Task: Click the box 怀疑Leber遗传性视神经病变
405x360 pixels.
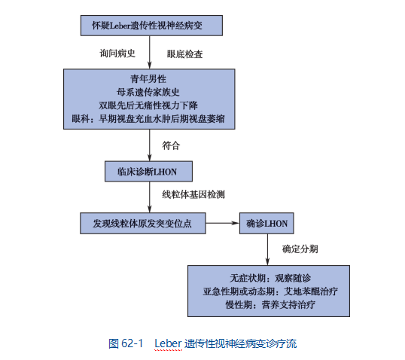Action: [151, 26]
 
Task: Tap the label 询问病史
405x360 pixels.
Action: [117, 53]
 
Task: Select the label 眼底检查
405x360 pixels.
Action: [184, 54]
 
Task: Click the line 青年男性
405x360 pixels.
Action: [148, 79]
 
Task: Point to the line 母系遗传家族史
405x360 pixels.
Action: [148, 92]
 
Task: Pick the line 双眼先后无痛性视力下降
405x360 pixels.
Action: [148, 105]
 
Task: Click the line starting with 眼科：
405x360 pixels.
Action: [148, 119]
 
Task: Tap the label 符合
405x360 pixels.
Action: [171, 145]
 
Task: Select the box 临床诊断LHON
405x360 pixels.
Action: [148, 172]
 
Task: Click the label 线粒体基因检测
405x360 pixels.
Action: [193, 194]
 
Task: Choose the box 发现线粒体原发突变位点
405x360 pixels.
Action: [143, 223]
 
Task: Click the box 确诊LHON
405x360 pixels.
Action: [266, 223]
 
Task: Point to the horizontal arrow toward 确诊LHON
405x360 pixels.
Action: [223, 223]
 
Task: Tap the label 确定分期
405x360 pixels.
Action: [300, 249]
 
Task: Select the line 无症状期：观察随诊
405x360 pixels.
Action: [270, 278]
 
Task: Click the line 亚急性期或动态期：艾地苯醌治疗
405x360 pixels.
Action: [270, 291]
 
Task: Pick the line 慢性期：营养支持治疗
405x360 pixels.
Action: [270, 305]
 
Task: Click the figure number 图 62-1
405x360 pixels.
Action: [126, 343]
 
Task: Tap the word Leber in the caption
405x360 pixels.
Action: [168, 343]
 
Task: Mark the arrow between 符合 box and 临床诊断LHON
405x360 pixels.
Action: [149, 145]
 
